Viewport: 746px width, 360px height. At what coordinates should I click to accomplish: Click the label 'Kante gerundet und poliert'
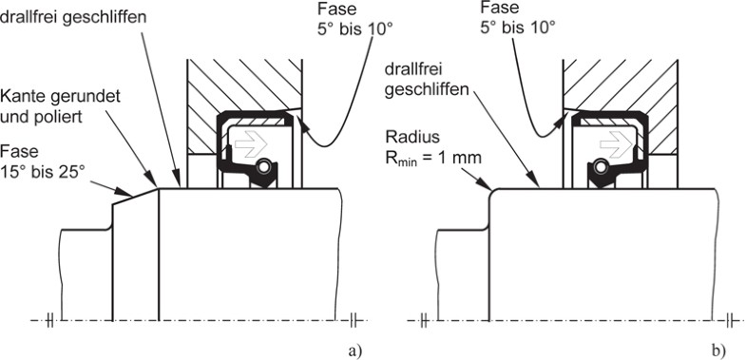(60, 105)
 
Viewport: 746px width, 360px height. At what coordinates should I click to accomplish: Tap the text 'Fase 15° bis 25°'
(43, 161)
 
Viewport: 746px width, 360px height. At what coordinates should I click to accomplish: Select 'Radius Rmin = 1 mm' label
(433, 146)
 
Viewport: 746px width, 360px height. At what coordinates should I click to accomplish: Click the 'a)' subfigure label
(355, 351)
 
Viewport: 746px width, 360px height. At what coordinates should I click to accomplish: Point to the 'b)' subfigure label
(719, 351)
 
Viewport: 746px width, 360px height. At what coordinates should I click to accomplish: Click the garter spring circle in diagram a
(262, 167)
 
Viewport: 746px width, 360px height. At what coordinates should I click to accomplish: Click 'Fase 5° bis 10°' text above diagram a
(354, 19)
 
